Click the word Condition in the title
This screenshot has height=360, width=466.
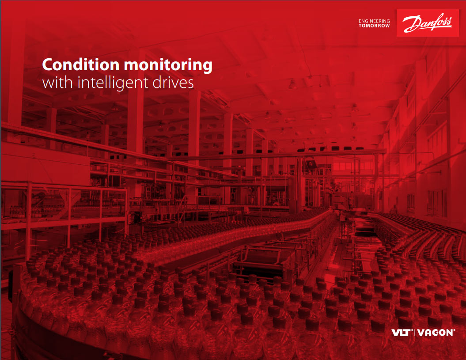coord(81,65)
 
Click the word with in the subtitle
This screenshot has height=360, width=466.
coord(54,83)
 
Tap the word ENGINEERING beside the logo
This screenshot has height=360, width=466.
coord(374,21)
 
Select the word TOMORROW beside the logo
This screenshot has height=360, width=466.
coord(374,26)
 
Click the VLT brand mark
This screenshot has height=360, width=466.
coord(402,333)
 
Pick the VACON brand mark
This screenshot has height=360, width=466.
coord(435,333)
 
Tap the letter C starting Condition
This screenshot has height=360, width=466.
coord(48,65)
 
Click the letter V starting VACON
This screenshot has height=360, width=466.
coord(420,333)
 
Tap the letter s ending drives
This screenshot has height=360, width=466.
coord(191,83)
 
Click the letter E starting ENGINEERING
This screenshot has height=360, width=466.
coord(360,21)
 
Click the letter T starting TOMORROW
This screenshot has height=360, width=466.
coord(360,26)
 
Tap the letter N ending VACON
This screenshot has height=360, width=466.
coord(449,333)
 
